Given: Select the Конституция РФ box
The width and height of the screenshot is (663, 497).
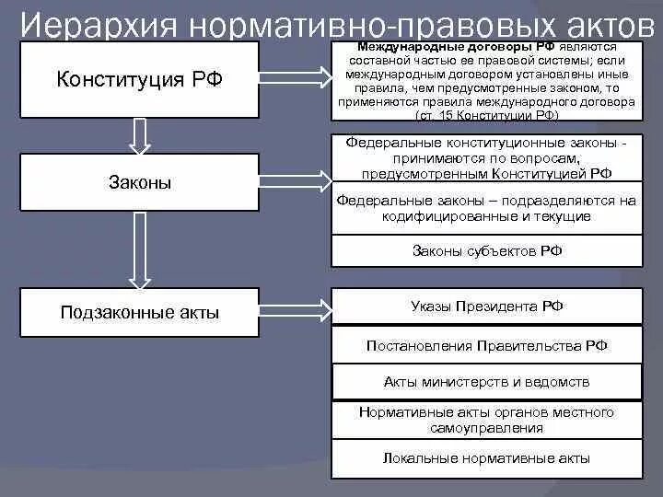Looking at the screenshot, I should pyautogui.click(x=139, y=79).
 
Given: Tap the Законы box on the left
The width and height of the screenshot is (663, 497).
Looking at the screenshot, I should pyautogui.click(x=139, y=182).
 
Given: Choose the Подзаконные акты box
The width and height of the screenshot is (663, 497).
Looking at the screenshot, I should pyautogui.click(x=139, y=312).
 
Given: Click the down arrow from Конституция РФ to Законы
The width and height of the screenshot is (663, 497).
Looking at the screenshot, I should pyautogui.click(x=139, y=135).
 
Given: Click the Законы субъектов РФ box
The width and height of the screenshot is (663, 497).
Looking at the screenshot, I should pyautogui.click(x=486, y=250).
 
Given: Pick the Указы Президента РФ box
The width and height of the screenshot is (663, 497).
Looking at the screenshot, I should pyautogui.click(x=486, y=306).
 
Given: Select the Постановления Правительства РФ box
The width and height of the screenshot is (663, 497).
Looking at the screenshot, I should pyautogui.click(x=486, y=346).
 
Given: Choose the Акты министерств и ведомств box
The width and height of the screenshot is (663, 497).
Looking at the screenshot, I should pyautogui.click(x=486, y=381).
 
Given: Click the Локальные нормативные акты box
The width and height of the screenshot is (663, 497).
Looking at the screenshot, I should pyautogui.click(x=486, y=457).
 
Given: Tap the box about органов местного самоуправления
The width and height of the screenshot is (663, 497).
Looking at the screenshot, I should pyautogui.click(x=486, y=420).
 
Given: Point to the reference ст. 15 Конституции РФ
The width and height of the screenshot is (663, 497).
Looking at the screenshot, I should pyautogui.click(x=486, y=117).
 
